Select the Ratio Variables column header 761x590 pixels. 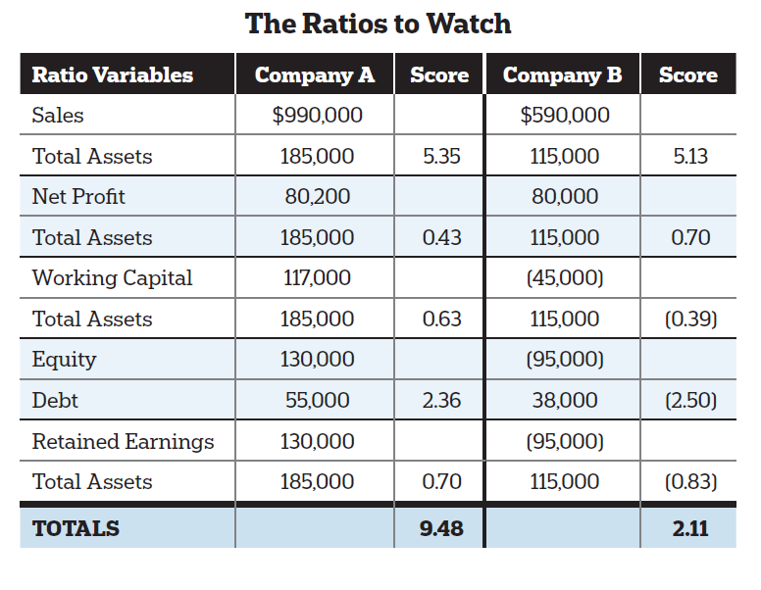pyautogui.click(x=113, y=74)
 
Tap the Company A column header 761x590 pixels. pyautogui.click(x=315, y=74)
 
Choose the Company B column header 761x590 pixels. pyautogui.click(x=562, y=74)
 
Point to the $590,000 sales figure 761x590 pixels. pyautogui.click(x=564, y=116)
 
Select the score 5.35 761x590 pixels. pyautogui.click(x=439, y=156)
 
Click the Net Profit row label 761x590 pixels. pyautogui.click(x=78, y=197)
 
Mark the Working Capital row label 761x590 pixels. pyautogui.click(x=112, y=278)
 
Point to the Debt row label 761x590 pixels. pyautogui.click(x=55, y=400)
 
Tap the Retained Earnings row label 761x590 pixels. pyautogui.click(x=123, y=441)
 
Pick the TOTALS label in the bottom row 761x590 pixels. pyautogui.click(x=76, y=528)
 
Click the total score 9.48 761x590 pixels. pyautogui.click(x=439, y=528)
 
